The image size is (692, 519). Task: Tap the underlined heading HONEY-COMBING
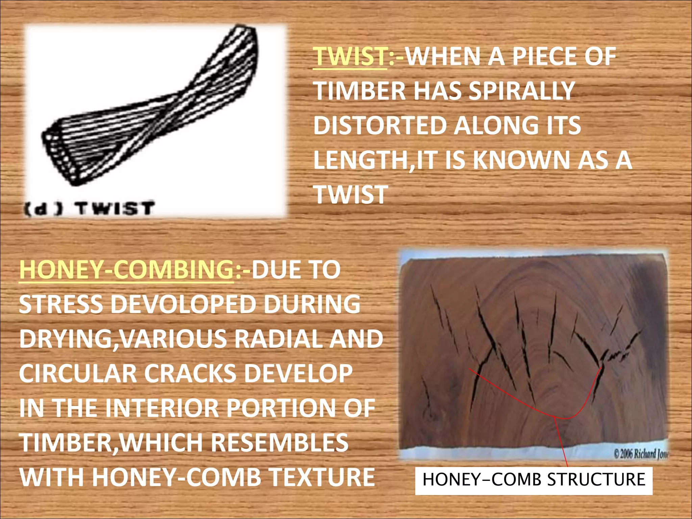126,270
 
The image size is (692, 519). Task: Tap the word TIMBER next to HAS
360,91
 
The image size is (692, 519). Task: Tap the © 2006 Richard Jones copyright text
641,454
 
